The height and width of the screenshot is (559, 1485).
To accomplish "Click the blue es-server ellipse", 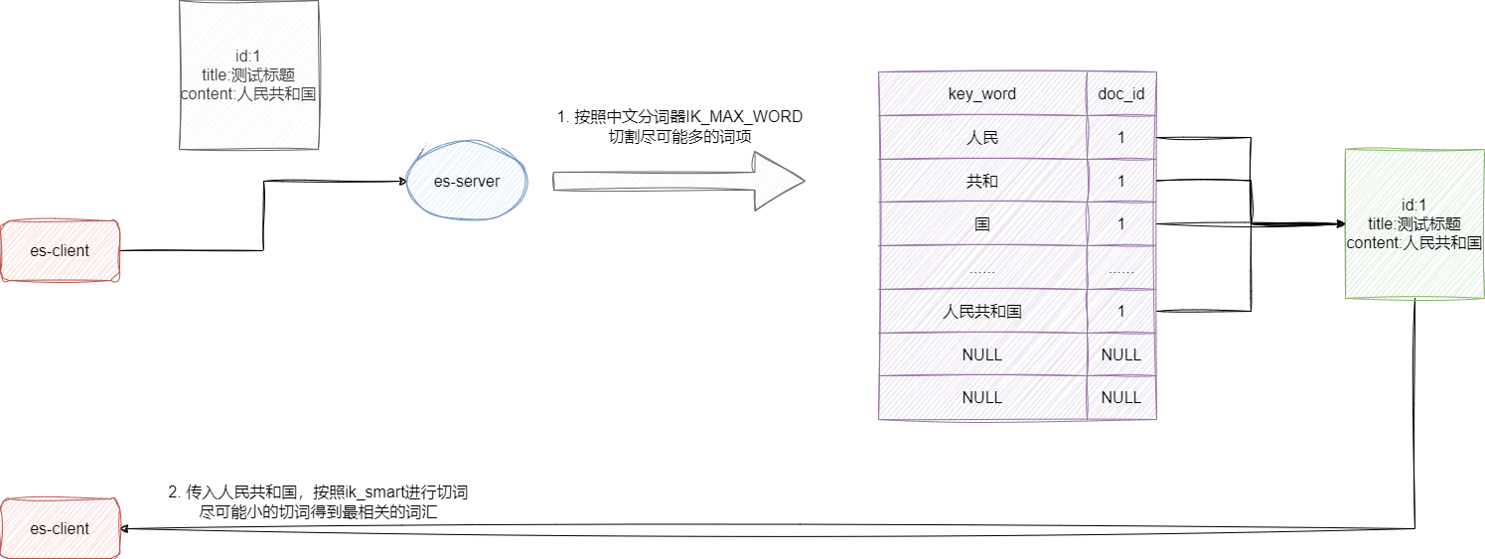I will tap(467, 181).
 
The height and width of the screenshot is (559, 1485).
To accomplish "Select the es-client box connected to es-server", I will tap(60, 251).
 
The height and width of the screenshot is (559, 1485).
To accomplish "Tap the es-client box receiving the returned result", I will tap(60, 529).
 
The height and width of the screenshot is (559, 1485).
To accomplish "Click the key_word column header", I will tap(981, 93).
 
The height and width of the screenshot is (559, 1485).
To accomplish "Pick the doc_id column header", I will tap(1121, 93).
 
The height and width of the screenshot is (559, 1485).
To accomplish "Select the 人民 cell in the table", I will tap(981, 138).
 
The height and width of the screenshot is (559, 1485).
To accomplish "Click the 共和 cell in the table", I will tap(981, 181).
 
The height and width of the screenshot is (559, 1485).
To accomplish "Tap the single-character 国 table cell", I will tap(981, 224).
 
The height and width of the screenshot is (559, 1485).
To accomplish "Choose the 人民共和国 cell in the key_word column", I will tap(981, 311).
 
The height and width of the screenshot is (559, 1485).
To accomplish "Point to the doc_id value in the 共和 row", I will tap(1121, 181).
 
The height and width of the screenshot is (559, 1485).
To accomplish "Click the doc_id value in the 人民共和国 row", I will tap(1121, 311).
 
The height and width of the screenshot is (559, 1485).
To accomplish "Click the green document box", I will tap(1413, 224).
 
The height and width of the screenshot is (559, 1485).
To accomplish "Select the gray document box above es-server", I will tap(248, 75).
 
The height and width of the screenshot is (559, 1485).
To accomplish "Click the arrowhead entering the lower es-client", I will tap(126, 529).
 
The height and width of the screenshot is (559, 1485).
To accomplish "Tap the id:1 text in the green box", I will tap(1413, 206).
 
